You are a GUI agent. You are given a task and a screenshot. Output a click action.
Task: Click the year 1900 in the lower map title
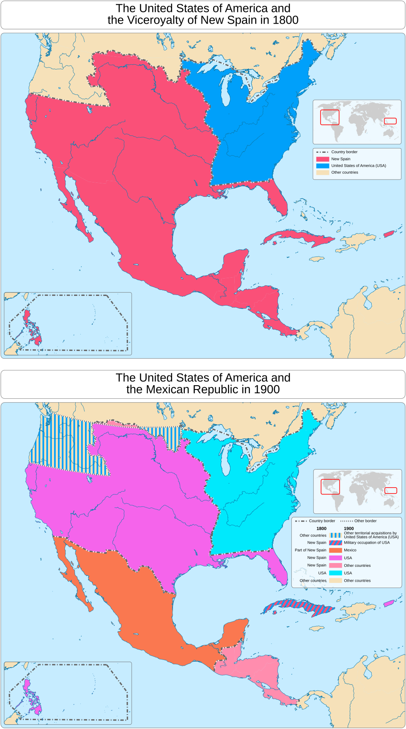[x=266, y=389]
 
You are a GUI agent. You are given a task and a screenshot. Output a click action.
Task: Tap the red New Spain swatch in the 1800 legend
[x=322, y=159]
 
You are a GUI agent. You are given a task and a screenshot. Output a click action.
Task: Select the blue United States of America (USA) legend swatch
[x=322, y=166]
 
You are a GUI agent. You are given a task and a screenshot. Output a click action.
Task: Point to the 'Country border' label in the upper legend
[x=344, y=152]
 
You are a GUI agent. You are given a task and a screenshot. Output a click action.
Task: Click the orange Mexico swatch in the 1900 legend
[x=335, y=550]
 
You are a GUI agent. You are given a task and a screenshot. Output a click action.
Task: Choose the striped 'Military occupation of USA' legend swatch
[x=335, y=542]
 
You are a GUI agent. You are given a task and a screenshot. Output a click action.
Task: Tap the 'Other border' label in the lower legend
[x=365, y=521]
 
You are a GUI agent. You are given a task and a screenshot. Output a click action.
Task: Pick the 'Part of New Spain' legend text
[x=310, y=550]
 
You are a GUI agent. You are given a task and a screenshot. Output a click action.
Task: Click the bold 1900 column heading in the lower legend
[x=349, y=528]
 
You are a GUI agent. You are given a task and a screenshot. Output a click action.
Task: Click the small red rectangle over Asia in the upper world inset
[x=390, y=121]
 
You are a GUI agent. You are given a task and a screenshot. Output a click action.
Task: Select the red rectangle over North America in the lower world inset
[x=330, y=487]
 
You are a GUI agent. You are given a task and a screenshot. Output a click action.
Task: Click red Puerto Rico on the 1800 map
[x=389, y=234]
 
